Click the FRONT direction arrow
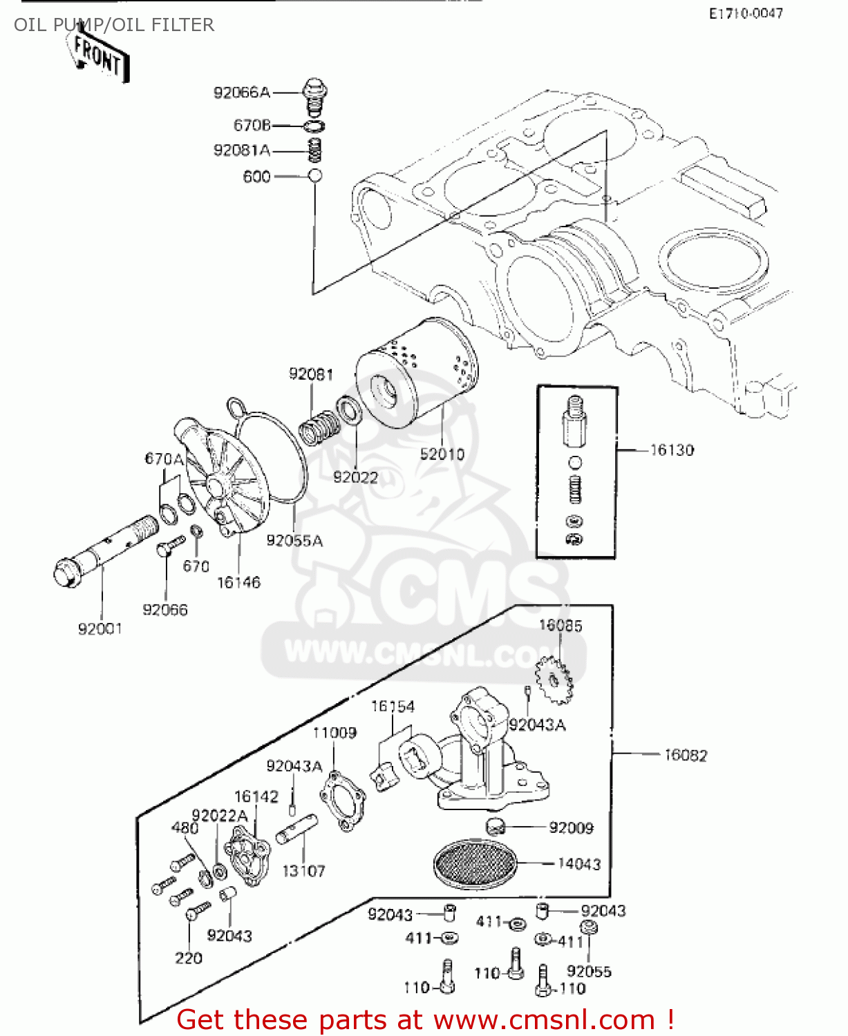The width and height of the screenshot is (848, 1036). point(99,56)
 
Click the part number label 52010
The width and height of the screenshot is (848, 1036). point(442,454)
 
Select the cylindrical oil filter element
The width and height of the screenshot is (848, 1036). point(417,373)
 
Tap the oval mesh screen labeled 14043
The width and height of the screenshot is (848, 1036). point(475,864)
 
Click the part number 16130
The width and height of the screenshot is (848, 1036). point(672,450)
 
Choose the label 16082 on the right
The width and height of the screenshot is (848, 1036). point(686,756)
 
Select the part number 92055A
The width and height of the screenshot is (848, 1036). point(294,541)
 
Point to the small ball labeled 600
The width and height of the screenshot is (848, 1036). point(315,175)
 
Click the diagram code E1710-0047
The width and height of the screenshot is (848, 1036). point(746,13)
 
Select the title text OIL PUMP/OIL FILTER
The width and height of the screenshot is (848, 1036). point(114,25)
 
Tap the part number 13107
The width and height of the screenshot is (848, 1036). point(303,871)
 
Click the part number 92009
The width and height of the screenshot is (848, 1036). point(571,827)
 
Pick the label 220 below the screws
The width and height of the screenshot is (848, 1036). point(188,958)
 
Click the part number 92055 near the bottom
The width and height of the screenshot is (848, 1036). point(589,971)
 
